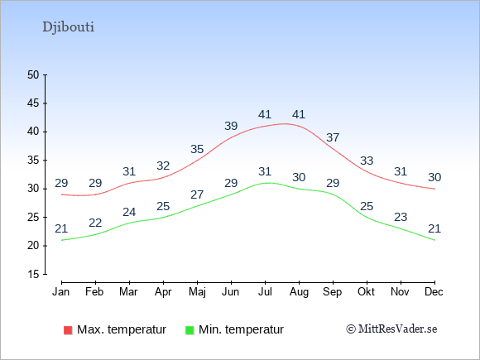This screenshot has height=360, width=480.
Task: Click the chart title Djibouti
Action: (x=68, y=27)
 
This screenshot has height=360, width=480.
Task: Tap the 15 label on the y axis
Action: (x=33, y=274)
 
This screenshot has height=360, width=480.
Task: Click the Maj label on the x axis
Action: (x=197, y=292)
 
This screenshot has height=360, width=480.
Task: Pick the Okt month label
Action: (x=366, y=292)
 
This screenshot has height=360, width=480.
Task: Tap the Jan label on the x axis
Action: (x=61, y=292)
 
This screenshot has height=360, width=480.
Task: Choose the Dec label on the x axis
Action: (x=434, y=292)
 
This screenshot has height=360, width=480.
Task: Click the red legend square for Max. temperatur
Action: (x=68, y=330)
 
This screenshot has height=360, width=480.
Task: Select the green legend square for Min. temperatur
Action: (x=190, y=330)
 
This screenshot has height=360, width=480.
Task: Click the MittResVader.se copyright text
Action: (x=391, y=329)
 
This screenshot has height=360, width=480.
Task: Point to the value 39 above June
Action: (x=231, y=126)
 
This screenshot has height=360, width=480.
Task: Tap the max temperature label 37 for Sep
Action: (x=333, y=137)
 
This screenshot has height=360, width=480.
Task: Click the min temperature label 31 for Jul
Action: (x=265, y=172)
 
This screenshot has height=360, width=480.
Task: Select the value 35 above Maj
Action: (x=197, y=150)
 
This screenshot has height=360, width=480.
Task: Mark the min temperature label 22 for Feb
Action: (x=95, y=223)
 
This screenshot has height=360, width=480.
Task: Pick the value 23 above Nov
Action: (x=401, y=218)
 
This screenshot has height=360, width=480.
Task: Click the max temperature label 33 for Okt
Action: (x=367, y=161)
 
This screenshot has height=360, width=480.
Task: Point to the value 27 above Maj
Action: (x=197, y=194)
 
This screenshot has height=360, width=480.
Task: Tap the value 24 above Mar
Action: (x=129, y=212)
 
